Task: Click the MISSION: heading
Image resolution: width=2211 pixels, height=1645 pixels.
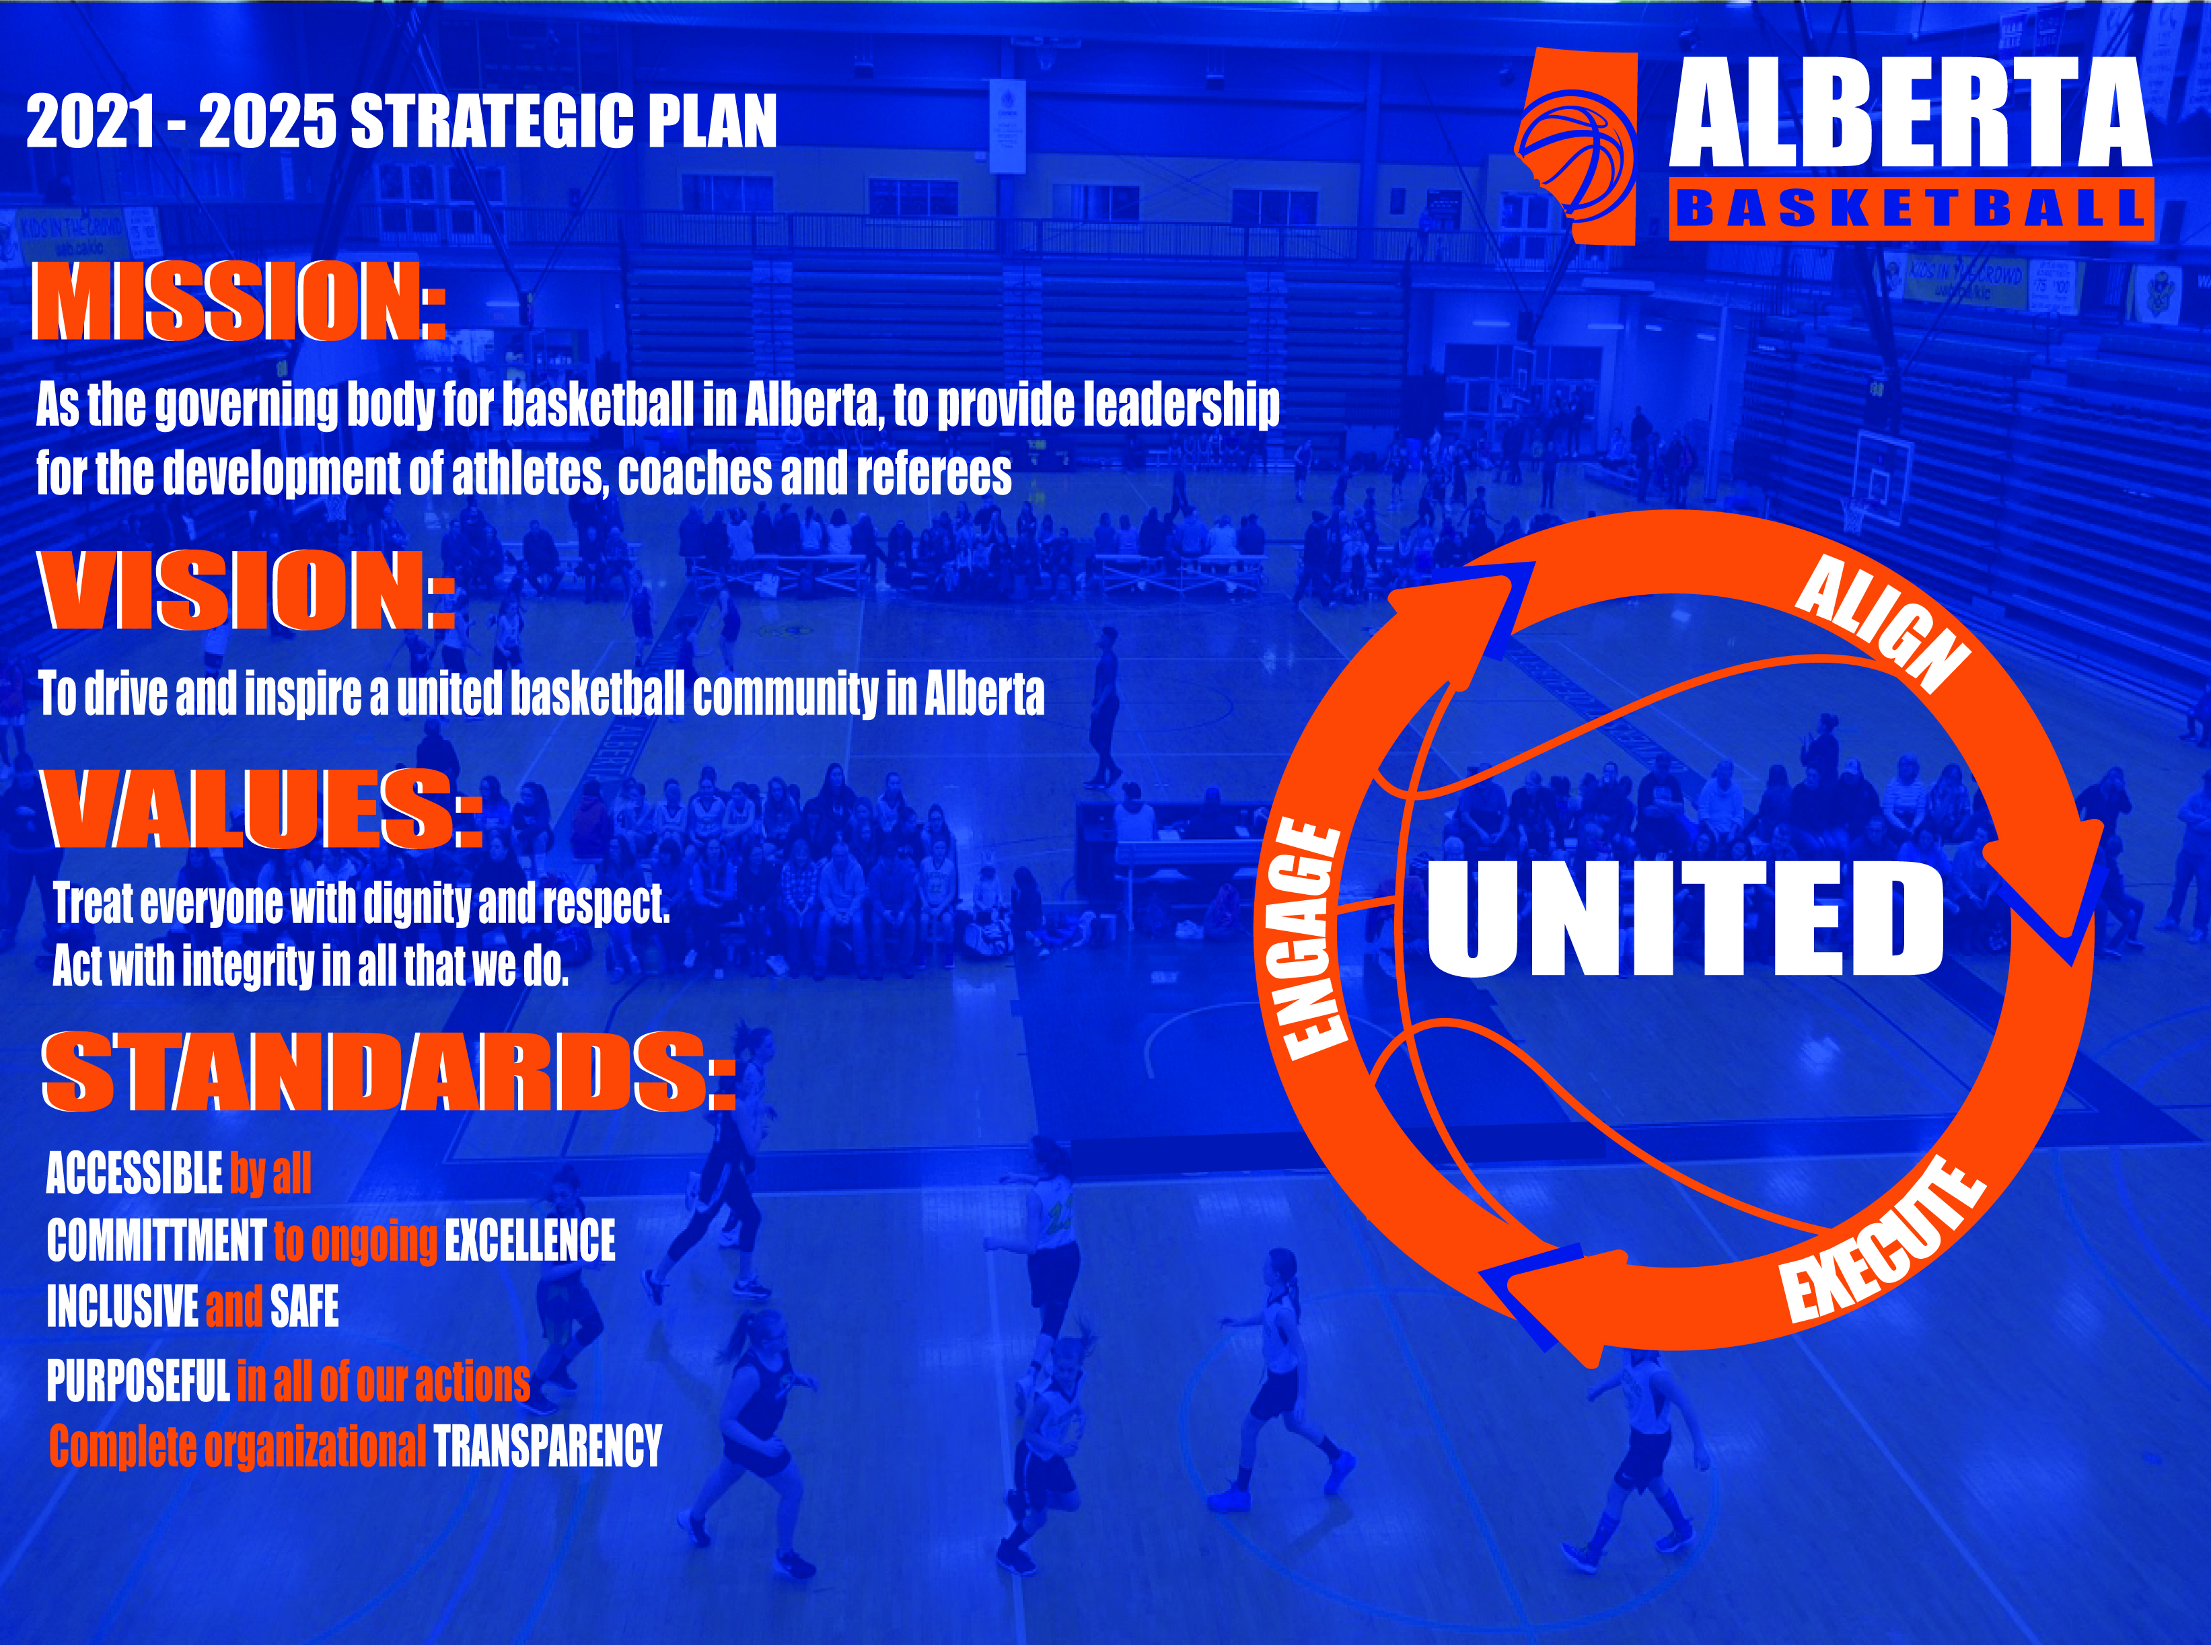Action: (239, 301)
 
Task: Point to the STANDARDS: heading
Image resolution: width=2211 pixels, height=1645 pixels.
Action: (388, 1072)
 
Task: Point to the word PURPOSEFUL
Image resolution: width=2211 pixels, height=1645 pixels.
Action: (139, 1381)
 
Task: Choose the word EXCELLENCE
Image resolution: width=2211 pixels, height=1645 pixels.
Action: (530, 1241)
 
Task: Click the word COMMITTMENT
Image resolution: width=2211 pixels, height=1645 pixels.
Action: (156, 1241)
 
